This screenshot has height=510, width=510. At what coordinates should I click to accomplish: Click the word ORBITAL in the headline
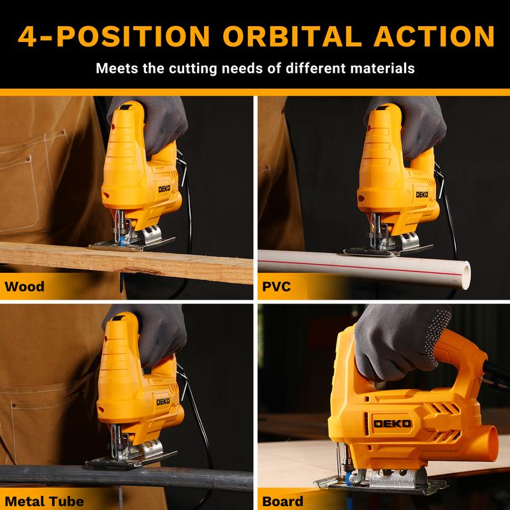pos(292,36)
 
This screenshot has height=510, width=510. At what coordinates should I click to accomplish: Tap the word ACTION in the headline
pos(434,36)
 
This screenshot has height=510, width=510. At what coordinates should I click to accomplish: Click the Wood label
pos(25,286)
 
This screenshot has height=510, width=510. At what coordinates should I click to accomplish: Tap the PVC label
pos(276,286)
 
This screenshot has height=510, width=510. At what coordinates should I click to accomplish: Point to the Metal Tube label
pos(44,501)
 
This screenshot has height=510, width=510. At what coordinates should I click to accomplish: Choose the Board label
pos(282,501)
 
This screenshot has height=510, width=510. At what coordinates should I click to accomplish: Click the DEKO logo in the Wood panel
pos(164,189)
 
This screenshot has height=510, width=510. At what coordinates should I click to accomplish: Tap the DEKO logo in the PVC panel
pos(422,194)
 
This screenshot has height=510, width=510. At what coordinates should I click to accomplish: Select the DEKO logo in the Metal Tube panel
pos(163,402)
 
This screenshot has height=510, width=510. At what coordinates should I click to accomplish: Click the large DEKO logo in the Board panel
pos(392,423)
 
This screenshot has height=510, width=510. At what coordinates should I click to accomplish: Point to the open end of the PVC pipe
pos(467,275)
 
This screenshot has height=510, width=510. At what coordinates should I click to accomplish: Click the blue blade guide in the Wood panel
pos(122,240)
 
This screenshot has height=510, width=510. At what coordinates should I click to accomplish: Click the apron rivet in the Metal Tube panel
pos(13,405)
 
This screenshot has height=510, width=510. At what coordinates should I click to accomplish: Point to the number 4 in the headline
pos(27,36)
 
